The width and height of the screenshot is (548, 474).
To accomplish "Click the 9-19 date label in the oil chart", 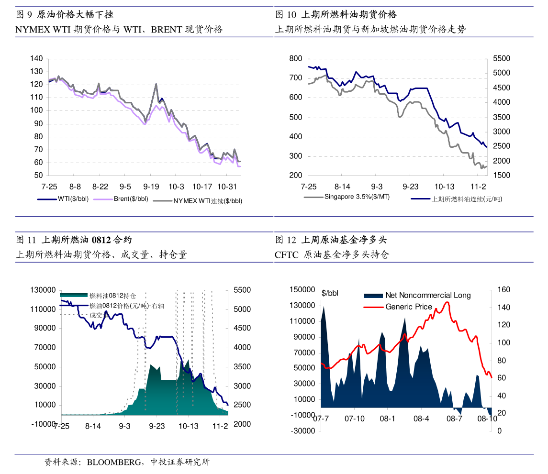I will [151, 186].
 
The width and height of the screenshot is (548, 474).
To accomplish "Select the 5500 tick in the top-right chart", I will [498, 59].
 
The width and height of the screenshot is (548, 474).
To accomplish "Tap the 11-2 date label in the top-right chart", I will [479, 186].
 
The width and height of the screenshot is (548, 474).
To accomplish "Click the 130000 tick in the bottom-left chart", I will [43, 290].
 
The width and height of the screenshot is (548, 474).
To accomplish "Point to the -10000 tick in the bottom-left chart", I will [43, 424].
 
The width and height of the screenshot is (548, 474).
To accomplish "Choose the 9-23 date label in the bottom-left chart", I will [157, 426].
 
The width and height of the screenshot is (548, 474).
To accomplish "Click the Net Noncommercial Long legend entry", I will [428, 296].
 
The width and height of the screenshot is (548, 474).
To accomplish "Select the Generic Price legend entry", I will [409, 307].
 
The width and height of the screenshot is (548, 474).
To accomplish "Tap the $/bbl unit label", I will [330, 293].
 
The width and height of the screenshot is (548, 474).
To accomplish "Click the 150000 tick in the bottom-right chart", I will [302, 290].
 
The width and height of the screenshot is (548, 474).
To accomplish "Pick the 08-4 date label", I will [421, 419].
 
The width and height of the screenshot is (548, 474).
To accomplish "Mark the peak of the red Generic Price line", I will [447, 302].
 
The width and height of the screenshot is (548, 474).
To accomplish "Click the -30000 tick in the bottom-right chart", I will [302, 431].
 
